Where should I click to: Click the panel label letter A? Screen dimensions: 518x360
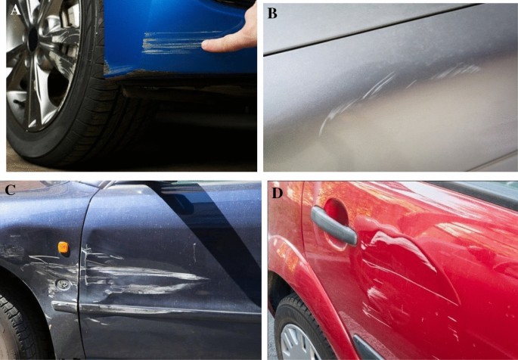pyautogui.click(x=14, y=11)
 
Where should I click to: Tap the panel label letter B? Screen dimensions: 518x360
pyautogui.click(x=272, y=13)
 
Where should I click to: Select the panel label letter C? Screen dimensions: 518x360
pyautogui.click(x=10, y=191)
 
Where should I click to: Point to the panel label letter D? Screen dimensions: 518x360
pyautogui.click(x=278, y=193)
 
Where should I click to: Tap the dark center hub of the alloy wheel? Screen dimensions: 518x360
pyautogui.click(x=33, y=40)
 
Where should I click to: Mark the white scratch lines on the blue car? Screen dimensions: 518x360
pyautogui.click(x=175, y=42)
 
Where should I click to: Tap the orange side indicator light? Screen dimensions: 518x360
pyautogui.click(x=63, y=247)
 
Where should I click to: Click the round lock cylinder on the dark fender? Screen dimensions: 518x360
pyautogui.click(x=63, y=284)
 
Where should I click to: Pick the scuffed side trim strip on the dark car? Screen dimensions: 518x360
pyautogui.click(x=155, y=310)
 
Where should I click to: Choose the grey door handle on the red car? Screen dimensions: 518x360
pyautogui.click(x=333, y=226)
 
